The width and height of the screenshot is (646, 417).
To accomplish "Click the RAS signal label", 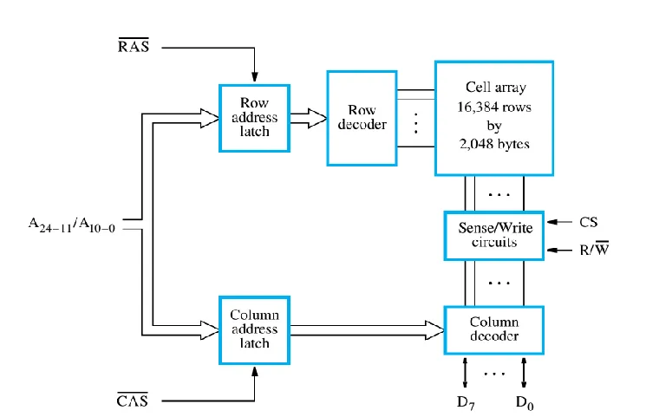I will coord(133,45).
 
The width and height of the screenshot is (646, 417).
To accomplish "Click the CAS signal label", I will coord(133,400).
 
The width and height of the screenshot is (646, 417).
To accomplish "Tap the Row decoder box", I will coord(361,118).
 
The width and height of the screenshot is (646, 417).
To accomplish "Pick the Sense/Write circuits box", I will coord(494,234).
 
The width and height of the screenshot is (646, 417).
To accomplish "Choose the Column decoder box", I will coord(494,329).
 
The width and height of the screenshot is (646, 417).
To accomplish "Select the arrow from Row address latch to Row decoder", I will coord(308,118).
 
